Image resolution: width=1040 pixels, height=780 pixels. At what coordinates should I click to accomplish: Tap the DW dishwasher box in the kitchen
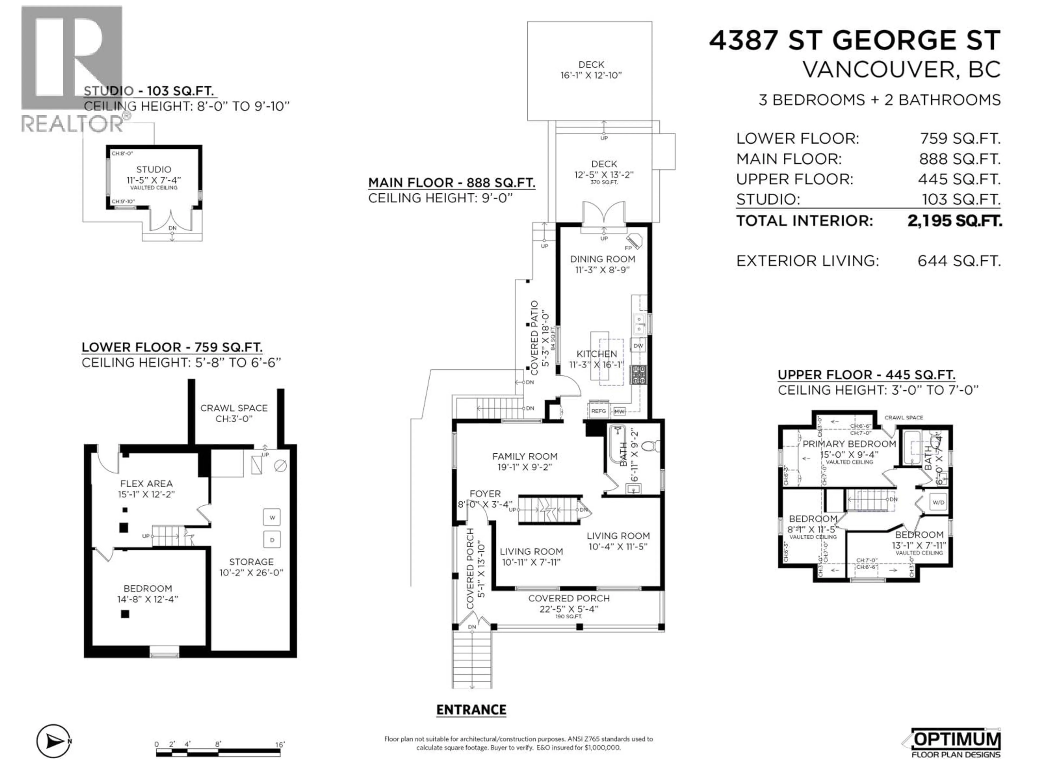(638, 346)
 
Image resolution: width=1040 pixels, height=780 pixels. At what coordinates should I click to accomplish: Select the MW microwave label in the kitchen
(619, 411)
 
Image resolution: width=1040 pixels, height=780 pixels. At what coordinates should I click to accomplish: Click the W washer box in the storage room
(272, 518)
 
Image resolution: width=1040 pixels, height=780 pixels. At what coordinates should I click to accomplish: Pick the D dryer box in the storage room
(272, 540)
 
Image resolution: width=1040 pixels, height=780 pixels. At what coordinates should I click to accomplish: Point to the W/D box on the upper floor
(938, 502)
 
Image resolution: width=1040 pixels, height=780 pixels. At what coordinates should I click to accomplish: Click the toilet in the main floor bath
(653, 446)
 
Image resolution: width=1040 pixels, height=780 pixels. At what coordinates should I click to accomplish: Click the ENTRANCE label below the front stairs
(471, 710)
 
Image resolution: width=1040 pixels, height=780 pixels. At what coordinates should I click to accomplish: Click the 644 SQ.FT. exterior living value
(959, 261)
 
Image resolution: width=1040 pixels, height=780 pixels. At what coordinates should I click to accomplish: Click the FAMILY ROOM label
(525, 456)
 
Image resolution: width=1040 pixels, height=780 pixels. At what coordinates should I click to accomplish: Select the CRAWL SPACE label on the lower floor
(234, 408)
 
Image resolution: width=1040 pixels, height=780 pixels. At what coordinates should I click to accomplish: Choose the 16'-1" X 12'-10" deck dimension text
(591, 75)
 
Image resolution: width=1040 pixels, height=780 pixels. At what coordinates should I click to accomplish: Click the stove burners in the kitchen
(638, 375)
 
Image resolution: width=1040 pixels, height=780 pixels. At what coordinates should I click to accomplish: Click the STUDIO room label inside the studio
(154, 169)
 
